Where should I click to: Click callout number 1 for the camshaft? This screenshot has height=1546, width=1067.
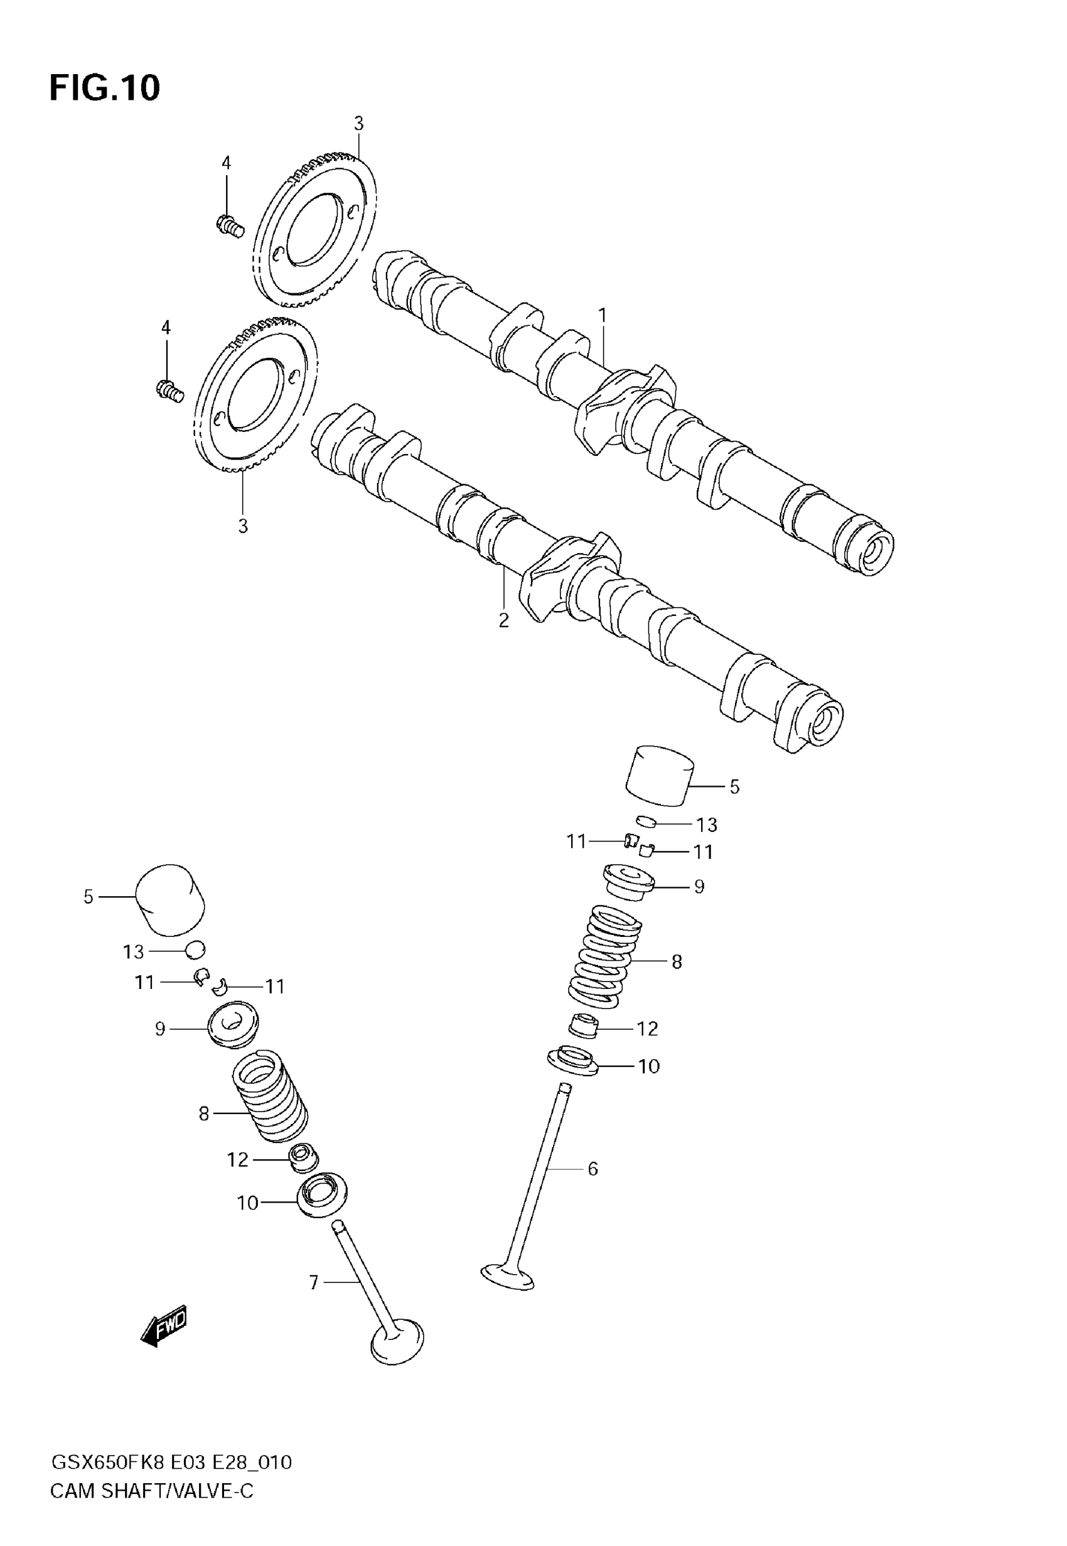pyautogui.click(x=603, y=314)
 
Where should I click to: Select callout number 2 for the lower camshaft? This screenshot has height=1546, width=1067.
pyautogui.click(x=503, y=620)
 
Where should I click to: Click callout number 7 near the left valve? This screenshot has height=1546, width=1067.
pyautogui.click(x=314, y=1282)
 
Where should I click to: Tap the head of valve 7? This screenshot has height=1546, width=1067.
pyautogui.click(x=397, y=1341)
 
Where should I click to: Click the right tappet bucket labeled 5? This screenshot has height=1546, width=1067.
pyautogui.click(x=659, y=776)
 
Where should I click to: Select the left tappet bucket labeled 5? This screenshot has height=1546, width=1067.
pyautogui.click(x=171, y=899)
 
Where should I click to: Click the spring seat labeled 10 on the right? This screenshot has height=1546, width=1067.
pyautogui.click(x=572, y=1061)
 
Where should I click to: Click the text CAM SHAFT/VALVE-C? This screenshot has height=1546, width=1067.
pyautogui.click(x=152, y=1491)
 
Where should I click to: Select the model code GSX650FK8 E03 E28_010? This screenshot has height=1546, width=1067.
pyautogui.click(x=172, y=1462)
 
